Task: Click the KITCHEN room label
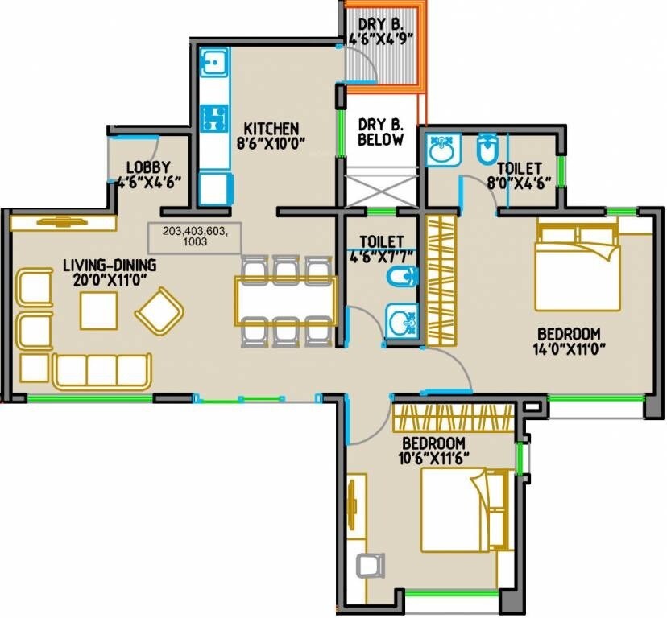click(x=271, y=129)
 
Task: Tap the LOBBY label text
click(x=152, y=167)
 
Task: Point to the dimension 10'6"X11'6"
click(x=434, y=459)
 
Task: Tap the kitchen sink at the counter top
click(x=213, y=61)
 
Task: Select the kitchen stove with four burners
click(x=213, y=118)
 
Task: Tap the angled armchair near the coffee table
click(x=159, y=311)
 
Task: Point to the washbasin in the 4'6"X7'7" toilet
click(x=400, y=323)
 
